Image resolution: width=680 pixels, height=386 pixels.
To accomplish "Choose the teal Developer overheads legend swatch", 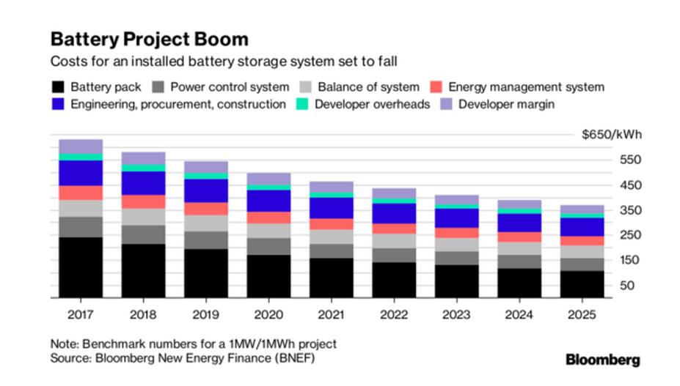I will tap(302, 105).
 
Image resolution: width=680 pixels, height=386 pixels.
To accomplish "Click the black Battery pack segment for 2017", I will tap(81, 267).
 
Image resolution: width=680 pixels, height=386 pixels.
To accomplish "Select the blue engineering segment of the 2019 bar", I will tap(186, 190).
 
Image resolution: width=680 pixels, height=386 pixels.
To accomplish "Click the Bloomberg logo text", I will tap(603, 360).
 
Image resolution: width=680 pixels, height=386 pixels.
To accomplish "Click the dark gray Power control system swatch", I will tap(161, 87).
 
